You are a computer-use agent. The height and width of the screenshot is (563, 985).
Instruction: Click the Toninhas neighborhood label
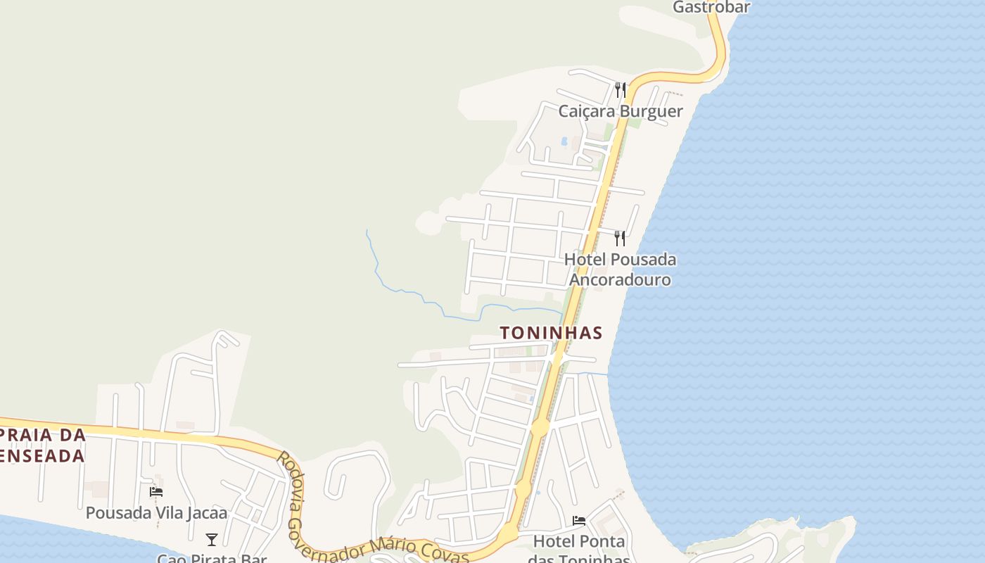551,332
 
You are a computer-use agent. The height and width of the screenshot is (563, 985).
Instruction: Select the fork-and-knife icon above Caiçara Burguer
620,89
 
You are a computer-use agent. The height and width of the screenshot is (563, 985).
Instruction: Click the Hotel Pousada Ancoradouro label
620,270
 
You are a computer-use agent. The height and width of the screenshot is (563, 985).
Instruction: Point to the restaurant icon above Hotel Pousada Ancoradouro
619,238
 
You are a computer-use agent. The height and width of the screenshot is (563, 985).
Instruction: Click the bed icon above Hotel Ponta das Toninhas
579,521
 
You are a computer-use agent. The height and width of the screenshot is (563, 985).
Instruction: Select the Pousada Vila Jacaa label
156,513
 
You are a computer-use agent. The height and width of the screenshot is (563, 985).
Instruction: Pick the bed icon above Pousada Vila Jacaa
156,491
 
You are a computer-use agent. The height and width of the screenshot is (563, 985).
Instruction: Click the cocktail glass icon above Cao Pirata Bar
212,540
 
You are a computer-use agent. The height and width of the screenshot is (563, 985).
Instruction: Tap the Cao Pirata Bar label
212,558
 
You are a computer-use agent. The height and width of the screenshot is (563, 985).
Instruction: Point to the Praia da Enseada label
42,445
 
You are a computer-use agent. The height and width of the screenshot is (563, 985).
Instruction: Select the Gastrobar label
711,7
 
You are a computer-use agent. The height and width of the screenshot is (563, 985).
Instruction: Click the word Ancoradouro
620,280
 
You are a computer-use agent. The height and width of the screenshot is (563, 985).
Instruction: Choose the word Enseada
42,456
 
